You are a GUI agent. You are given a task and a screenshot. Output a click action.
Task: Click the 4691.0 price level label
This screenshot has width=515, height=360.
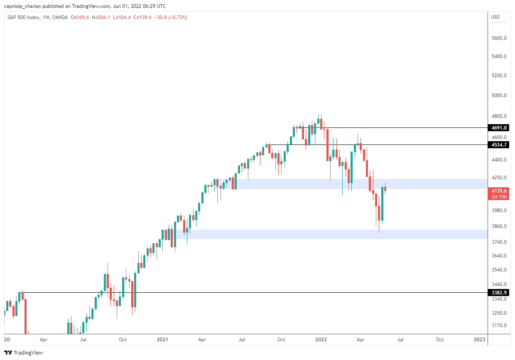tap(498, 127)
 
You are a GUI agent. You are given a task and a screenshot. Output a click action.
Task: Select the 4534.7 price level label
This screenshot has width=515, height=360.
tap(498, 145)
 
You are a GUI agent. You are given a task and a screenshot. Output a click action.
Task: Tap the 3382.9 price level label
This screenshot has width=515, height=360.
tap(498, 292)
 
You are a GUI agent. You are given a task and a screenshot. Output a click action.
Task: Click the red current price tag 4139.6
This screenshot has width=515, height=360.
tap(498, 193)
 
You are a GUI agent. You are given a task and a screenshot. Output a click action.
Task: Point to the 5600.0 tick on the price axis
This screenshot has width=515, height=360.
tap(499, 38)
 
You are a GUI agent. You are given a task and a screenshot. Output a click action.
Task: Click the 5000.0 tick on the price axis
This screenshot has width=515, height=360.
tap(499, 95)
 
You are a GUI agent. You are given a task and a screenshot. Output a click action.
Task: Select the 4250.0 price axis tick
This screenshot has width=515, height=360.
tap(499, 177)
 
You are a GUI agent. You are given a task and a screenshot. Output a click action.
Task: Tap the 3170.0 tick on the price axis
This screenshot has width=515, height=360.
tap(499, 325)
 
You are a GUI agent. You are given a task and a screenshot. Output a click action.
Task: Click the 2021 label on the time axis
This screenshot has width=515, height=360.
tap(162, 340)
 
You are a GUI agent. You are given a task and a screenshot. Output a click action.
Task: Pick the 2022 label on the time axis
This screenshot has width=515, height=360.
tap(321, 340)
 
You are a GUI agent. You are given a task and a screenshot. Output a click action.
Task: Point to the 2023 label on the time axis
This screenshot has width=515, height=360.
tap(479, 340)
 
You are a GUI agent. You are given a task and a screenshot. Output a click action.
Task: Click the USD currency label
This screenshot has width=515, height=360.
tap(495, 17)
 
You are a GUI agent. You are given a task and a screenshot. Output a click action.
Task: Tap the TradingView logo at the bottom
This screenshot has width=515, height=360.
tap(24, 353)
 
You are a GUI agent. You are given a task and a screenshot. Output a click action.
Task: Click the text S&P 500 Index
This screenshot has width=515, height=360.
tap(23, 17)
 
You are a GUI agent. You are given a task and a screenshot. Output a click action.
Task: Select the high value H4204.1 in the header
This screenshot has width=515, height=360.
tap(101, 17)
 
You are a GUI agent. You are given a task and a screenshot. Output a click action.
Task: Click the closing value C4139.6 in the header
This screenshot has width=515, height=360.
tap(142, 17)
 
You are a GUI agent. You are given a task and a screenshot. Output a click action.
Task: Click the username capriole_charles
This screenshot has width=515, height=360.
tap(22, 6)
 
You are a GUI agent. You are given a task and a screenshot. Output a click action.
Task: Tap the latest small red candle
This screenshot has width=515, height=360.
tap(385, 189)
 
